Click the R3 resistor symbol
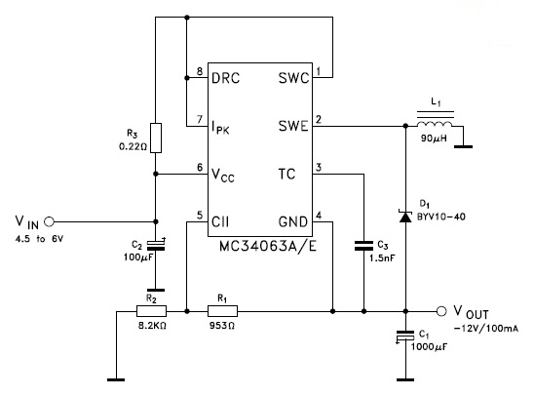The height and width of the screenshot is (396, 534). point(156,139)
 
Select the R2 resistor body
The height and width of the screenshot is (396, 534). point(152,311)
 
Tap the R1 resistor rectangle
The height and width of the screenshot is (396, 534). point(222,311)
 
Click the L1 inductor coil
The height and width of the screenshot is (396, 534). point(435,124)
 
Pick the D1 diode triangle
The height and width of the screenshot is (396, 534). point(405,217)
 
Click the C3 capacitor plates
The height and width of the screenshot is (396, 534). point(363,246)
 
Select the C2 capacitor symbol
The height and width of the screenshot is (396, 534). point(156,246)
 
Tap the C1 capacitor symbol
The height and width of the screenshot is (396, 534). point(405,337)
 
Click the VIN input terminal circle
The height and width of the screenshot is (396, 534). point(50,221)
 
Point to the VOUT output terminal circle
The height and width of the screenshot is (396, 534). point(441,311)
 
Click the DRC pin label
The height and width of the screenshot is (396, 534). point(225,78)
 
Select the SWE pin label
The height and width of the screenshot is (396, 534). point(293,126)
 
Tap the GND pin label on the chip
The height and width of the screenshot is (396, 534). point(293,221)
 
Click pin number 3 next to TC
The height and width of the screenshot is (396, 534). point(319,168)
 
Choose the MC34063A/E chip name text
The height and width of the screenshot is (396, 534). point(268,246)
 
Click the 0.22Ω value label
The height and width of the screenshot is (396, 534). point(133,147)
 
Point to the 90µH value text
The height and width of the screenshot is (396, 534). point(434,139)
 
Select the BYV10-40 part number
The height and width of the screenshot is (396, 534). point(441,217)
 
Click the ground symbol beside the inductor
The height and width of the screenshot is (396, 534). point(464,147)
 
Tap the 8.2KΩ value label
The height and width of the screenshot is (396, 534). point(152,326)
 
